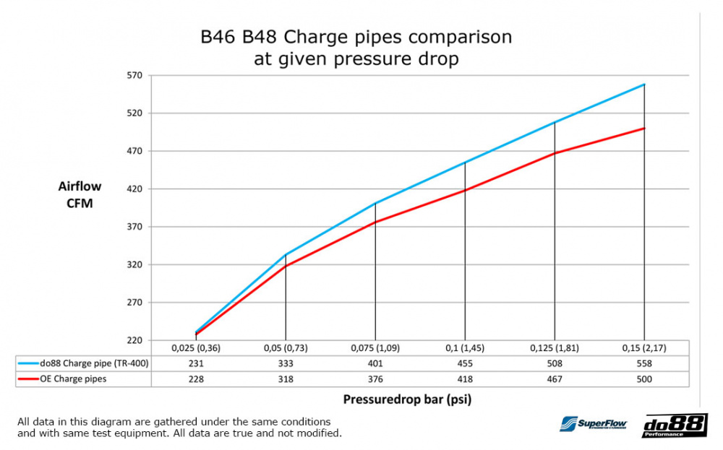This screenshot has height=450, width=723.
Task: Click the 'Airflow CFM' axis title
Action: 80,194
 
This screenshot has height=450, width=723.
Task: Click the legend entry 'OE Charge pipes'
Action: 75,379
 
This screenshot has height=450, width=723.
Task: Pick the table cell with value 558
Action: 643,364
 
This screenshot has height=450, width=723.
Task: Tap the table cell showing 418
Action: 465,379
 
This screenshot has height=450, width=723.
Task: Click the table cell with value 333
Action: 286,364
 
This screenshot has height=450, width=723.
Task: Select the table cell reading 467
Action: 555,379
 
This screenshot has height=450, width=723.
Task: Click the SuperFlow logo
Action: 594,425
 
